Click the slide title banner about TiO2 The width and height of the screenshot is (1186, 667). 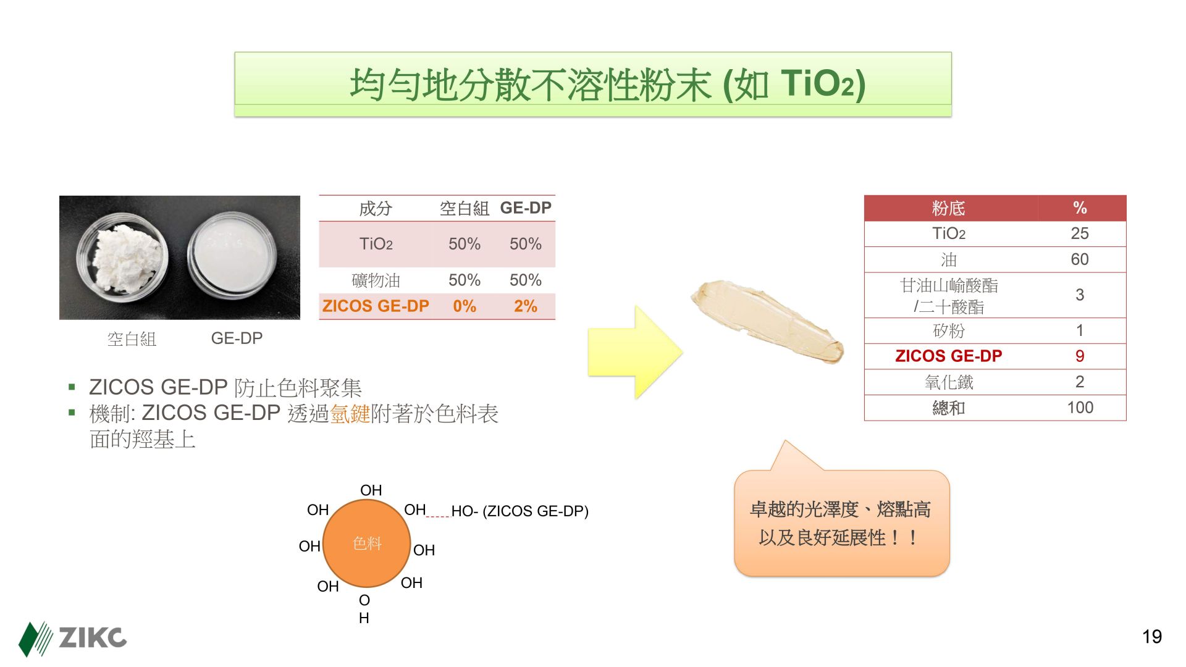point(593,84)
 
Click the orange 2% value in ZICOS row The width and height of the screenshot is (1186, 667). point(526,306)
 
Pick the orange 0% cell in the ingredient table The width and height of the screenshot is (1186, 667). point(465,306)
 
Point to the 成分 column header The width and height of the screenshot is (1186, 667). point(376,208)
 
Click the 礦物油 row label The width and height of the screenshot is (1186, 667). point(376,280)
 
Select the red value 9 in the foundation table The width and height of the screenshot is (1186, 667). point(1080,356)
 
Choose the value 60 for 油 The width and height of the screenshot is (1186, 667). point(1080,259)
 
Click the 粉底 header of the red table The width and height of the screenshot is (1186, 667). point(949,208)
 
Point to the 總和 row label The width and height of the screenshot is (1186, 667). point(949,408)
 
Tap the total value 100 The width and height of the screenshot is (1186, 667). point(1080,408)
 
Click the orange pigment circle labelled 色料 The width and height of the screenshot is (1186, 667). point(367,543)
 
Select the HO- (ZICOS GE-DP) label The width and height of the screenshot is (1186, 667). point(519,511)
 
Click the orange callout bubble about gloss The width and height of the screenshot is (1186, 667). point(841,522)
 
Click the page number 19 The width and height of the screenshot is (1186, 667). point(1152,637)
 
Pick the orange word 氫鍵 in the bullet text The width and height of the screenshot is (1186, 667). point(350,414)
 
